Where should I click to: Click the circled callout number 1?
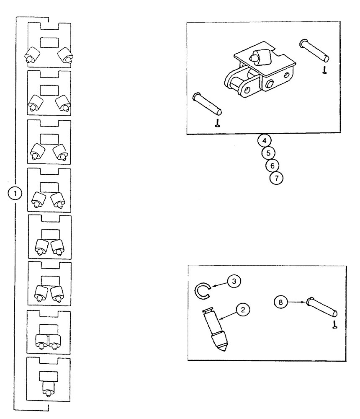tap(16, 193)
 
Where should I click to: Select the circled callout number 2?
tap(243, 310)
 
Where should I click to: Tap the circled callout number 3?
tap(234, 281)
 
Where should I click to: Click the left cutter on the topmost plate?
tap(32, 55)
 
